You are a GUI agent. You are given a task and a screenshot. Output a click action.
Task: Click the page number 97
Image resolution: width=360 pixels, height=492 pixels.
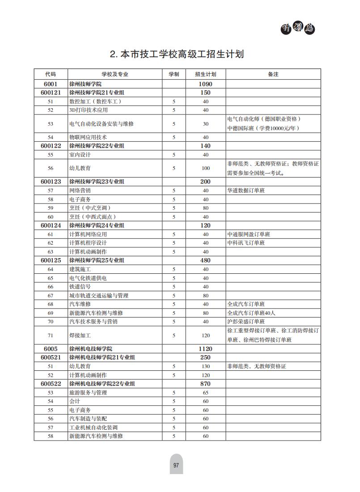coord(176,466)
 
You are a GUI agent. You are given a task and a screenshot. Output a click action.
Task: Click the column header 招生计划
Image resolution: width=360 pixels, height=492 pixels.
coord(206,74)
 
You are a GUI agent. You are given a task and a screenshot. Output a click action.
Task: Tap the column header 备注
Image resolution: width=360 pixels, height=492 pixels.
coord(273,74)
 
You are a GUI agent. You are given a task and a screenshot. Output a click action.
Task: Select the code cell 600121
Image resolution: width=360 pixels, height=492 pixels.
coord(51,93)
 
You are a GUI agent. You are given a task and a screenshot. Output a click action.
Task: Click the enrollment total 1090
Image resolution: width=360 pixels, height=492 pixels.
coord(206,84)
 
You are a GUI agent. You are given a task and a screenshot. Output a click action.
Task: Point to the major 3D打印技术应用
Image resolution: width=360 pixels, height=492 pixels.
coord(89,110)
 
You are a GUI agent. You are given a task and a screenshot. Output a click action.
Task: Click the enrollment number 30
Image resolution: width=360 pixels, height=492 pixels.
coord(206,124)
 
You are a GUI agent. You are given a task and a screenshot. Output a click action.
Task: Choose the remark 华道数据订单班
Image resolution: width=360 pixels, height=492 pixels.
coord(246,191)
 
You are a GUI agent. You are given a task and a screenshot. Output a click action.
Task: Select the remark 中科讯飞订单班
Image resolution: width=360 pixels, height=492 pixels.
coord(246,243)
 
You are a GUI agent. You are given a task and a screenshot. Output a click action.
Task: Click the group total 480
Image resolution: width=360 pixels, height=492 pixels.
coord(206,260)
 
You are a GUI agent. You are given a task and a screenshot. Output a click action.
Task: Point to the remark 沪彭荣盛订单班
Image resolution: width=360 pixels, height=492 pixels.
coord(246,322)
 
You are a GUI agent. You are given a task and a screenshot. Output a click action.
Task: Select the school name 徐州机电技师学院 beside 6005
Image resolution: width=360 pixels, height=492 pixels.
coord(91,349)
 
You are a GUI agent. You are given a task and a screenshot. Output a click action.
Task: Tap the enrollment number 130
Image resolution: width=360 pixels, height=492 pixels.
coord(206,366)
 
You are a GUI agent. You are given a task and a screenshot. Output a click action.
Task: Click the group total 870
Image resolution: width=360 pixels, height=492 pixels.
coord(206,384)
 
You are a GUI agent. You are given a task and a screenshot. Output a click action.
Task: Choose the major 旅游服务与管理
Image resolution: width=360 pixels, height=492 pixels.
coord(88,393)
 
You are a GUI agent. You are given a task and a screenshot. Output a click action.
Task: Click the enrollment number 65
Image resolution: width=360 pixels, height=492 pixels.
coord(206,393)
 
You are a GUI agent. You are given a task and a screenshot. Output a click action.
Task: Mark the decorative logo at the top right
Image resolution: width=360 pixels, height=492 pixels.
coord(297,28)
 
